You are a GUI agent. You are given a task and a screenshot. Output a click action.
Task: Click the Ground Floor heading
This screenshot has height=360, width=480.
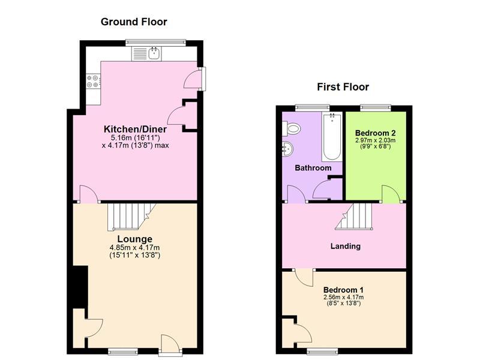134,22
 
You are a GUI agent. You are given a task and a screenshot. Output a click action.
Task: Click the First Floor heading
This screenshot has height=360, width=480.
343,87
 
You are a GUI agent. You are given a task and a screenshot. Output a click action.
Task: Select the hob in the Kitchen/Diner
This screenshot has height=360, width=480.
93,81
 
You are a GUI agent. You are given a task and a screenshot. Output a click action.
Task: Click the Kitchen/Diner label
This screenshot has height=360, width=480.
135,129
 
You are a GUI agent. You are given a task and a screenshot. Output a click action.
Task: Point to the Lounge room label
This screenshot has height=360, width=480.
135,239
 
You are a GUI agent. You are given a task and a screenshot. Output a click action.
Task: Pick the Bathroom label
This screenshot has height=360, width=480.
313,168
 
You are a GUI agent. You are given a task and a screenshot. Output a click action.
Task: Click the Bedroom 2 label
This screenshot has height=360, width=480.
375,133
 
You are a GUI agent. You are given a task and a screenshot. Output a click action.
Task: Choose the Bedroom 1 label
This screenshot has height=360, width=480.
344,288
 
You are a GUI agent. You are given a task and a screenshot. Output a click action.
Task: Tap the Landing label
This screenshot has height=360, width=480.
346,246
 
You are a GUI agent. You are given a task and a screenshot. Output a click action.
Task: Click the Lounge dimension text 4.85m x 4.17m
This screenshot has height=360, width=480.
135,248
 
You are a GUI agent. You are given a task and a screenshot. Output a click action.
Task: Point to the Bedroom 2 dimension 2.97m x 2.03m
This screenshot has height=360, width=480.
375,140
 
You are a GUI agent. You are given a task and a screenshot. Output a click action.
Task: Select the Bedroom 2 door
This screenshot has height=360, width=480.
391,194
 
